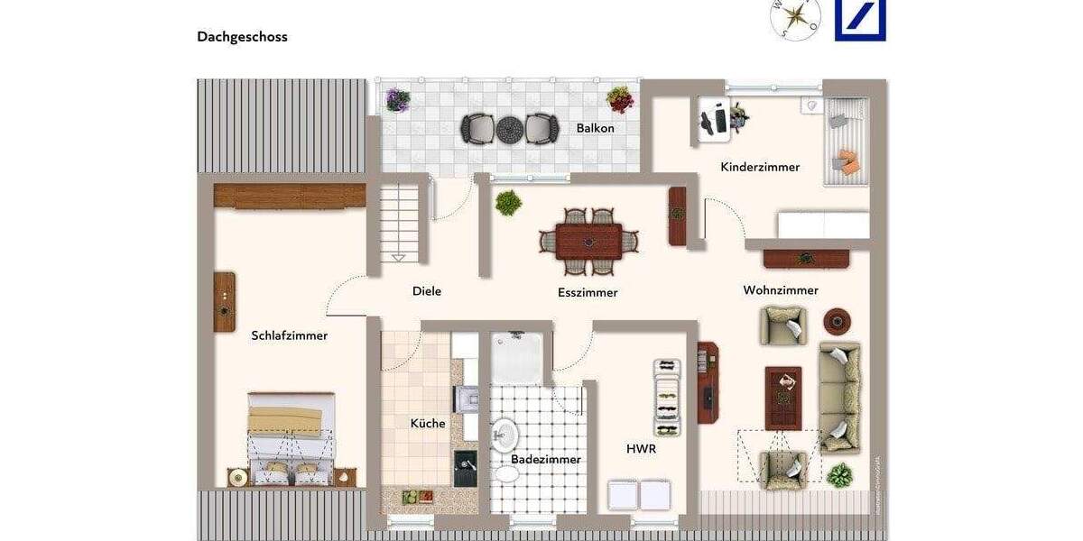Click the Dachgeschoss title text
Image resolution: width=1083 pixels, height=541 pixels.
242,37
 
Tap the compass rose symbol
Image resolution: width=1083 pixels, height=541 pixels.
795,18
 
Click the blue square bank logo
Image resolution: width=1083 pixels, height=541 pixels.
860,20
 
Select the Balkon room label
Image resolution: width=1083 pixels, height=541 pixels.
595,128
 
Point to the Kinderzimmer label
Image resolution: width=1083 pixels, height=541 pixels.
760,167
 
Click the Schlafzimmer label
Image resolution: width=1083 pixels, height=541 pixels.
289,335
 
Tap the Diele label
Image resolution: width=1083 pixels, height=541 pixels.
427,291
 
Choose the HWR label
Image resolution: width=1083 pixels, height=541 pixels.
641,448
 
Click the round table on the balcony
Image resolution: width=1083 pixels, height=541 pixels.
510,129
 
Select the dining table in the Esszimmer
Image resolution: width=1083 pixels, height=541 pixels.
588,242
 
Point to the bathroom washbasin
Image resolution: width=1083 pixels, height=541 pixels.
504,436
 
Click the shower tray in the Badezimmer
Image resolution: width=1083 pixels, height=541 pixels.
517,358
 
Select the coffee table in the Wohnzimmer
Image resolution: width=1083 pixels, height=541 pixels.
783,398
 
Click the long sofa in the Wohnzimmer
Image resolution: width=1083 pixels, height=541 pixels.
839,397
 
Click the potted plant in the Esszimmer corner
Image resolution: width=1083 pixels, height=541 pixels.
508,203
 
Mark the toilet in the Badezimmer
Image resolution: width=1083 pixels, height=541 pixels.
507,473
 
